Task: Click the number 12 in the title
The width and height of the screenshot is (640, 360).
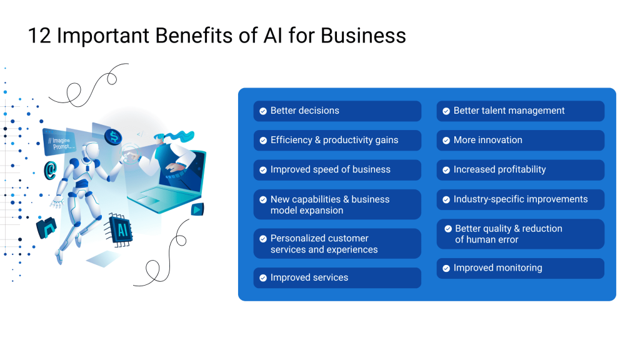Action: tap(39, 36)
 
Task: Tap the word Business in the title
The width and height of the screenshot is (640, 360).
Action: tap(363, 36)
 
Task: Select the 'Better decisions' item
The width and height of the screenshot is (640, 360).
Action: tap(337, 111)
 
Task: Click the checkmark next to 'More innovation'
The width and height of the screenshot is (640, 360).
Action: tap(446, 141)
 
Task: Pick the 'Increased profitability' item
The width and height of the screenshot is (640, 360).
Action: tap(521, 170)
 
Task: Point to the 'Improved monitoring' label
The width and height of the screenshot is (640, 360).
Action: tap(498, 267)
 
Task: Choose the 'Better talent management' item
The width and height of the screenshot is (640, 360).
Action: tap(521, 111)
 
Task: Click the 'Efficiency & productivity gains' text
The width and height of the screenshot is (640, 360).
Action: tap(334, 140)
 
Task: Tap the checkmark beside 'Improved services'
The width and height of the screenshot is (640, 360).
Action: tap(263, 278)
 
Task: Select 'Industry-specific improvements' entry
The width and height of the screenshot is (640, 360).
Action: tap(521, 199)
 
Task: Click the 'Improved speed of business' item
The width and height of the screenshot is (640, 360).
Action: tap(337, 170)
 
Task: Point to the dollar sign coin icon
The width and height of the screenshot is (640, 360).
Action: tap(113, 137)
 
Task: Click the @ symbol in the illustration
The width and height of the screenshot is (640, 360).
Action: tap(50, 170)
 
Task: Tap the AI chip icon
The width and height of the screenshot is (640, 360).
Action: tap(120, 230)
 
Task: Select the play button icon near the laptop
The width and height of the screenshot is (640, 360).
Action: tap(197, 209)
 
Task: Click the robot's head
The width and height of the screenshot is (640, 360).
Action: tap(90, 151)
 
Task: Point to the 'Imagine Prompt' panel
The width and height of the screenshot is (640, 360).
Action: tap(59, 142)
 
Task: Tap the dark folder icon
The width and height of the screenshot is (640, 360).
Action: tap(46, 227)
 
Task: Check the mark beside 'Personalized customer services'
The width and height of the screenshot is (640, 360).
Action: tap(263, 239)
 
